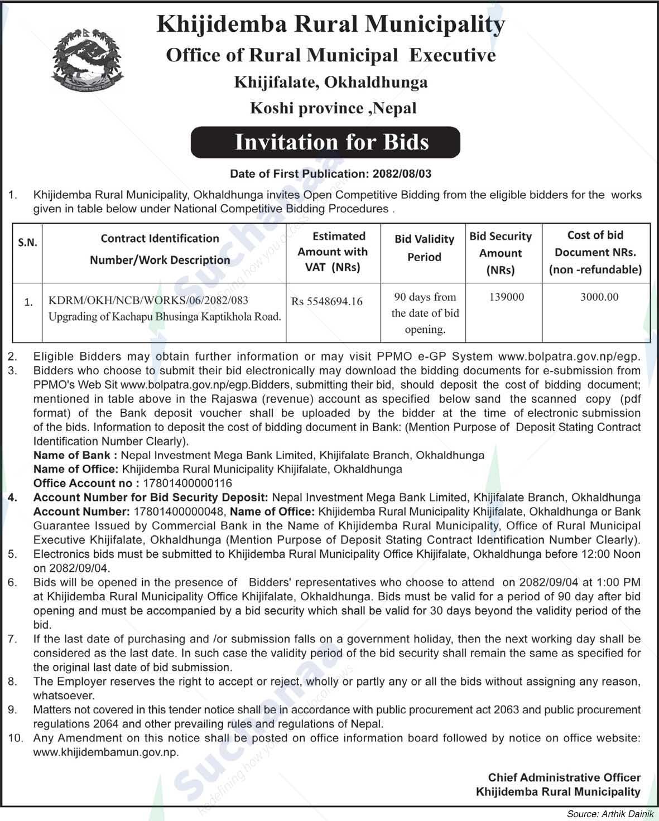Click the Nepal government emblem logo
tap(86, 61)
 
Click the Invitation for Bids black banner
tap(325, 142)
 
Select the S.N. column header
tap(27, 243)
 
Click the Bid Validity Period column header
tap(424, 248)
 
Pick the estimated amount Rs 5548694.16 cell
tap(327, 302)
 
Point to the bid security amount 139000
tap(507, 297)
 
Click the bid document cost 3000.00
tap(599, 297)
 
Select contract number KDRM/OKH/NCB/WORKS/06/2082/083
tap(148, 301)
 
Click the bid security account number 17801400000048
tap(179, 511)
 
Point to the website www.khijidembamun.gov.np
tap(106, 752)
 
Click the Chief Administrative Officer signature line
tap(564, 777)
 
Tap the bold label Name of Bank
tap(75, 455)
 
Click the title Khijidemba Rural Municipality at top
tap(331, 25)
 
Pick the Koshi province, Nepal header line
tap(333, 108)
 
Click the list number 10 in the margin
tap(16, 738)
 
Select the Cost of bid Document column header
tap(595, 252)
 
